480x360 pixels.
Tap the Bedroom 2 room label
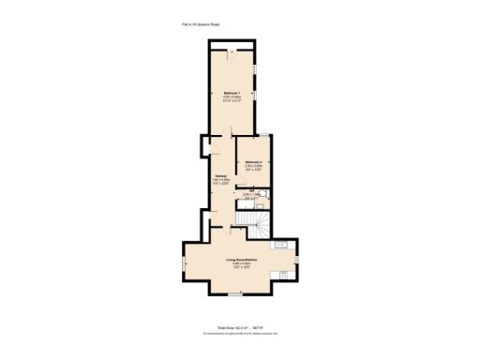[x=253, y=162]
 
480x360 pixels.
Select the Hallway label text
[x=220, y=175]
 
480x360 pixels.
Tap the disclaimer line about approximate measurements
[x=241, y=334]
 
